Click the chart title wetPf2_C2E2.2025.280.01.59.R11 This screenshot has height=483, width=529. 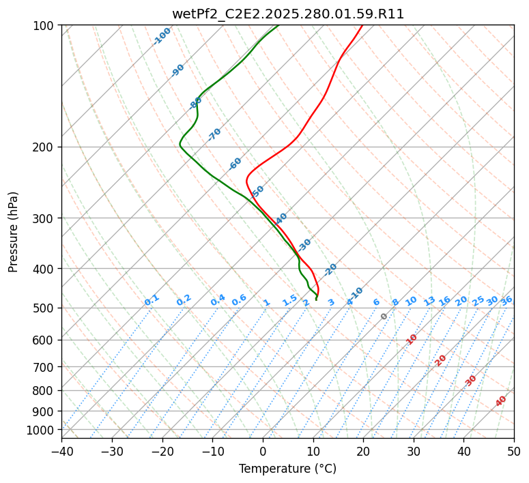tap(288, 14)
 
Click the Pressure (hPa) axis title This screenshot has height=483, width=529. tap(13, 232)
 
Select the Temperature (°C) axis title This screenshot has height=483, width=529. tap(288, 469)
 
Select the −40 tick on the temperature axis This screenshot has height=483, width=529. tap(61, 451)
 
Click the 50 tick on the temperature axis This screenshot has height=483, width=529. tap(514, 451)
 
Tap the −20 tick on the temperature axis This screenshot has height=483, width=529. tap(162, 451)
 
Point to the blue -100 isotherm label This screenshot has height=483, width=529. tap(162, 36)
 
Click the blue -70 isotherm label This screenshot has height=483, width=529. tap(214, 134)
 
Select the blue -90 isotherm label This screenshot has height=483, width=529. tap(177, 70)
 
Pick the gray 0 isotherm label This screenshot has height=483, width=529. tap(384, 317)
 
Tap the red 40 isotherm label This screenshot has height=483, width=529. tap(501, 401)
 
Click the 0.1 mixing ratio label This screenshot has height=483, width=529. tap(152, 300)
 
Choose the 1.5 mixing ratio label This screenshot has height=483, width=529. tap(290, 300)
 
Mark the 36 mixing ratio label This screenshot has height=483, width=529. tap(506, 301)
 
